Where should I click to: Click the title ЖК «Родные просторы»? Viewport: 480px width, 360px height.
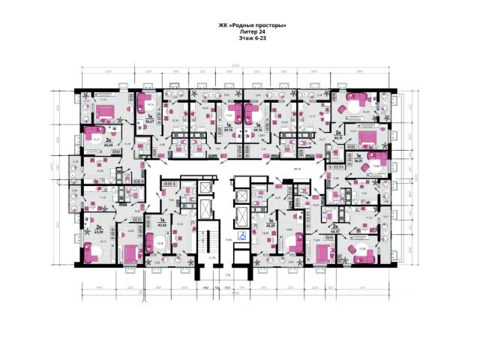click(252, 26)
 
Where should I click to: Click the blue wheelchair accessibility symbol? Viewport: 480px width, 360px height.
click(241, 234)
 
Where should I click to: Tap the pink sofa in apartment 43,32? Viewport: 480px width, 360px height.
click(148, 244)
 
